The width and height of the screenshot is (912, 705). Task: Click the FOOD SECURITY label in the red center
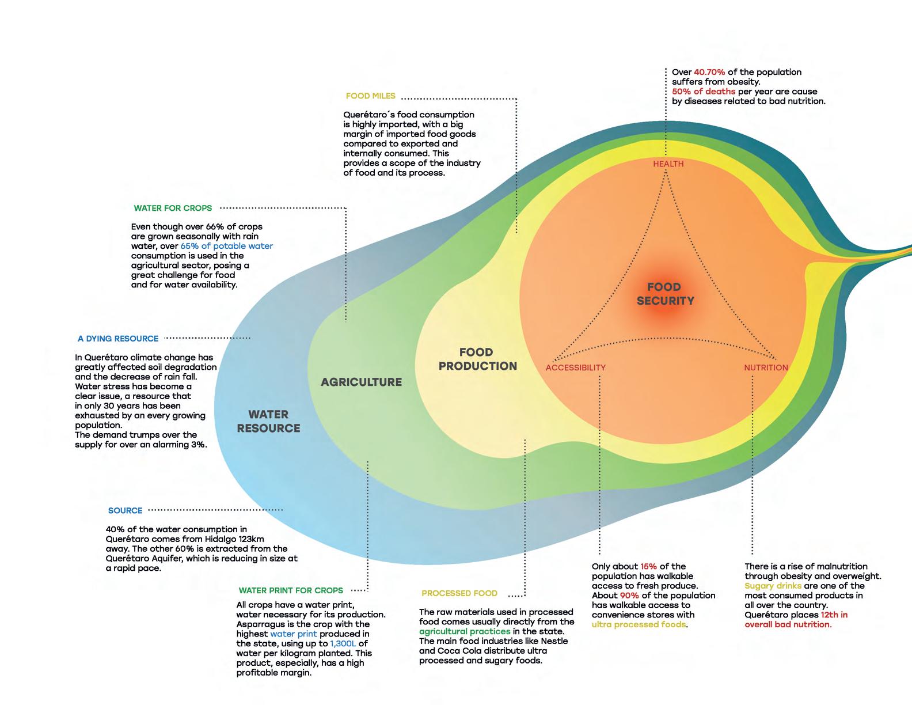coord(664,294)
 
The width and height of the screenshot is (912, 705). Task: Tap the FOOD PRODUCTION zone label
coord(477,359)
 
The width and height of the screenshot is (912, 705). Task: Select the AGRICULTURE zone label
coord(361,382)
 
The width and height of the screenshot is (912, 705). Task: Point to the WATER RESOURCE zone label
coord(268,421)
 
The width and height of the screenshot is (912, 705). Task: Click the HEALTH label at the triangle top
coord(668,164)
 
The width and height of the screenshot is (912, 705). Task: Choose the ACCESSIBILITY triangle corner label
coord(575,367)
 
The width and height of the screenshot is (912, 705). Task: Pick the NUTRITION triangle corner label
coord(766,367)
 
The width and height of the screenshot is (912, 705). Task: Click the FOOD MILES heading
coord(370,96)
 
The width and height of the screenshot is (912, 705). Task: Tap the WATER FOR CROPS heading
coord(173,208)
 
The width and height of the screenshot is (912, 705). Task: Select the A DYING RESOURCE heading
coord(118,339)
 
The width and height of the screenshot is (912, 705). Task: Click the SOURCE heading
coord(125,510)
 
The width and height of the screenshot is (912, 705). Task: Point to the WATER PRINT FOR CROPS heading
coord(291,590)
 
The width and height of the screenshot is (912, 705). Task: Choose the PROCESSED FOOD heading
coord(459,593)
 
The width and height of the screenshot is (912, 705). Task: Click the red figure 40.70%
coord(709,72)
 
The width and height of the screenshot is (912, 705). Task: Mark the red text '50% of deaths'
coord(704,92)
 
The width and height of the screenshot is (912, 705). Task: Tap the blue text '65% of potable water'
coord(227,246)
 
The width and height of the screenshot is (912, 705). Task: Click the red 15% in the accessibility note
coord(648,566)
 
